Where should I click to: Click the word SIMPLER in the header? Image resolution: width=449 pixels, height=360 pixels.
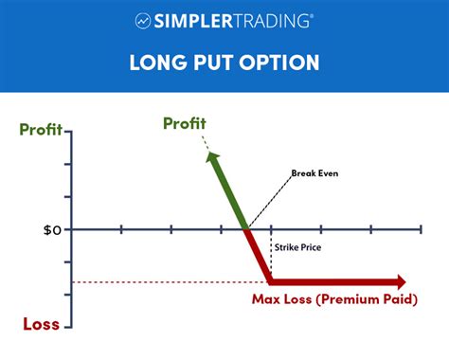point(198,20)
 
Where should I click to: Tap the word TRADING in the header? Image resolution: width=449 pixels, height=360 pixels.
point(276,20)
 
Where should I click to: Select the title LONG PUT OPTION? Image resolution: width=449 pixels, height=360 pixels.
point(224,64)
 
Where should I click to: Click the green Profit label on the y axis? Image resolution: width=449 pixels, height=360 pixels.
point(35,131)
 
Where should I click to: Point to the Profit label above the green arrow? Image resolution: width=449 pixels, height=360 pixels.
point(185,123)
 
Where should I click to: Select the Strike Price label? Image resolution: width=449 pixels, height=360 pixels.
point(299,248)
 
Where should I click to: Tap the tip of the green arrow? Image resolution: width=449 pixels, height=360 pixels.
point(207,152)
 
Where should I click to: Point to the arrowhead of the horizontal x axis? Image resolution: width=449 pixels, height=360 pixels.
point(420,229)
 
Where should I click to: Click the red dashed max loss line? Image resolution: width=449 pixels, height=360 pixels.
point(171,281)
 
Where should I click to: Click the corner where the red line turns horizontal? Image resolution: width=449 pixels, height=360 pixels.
point(271,281)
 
